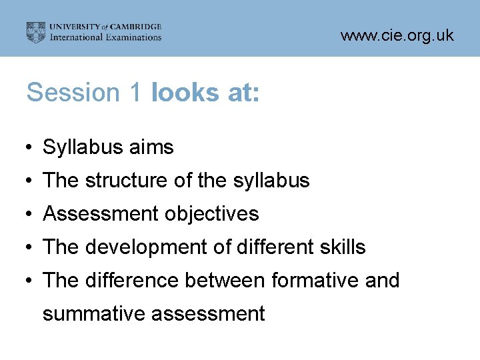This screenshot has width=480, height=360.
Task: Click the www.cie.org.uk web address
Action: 397,35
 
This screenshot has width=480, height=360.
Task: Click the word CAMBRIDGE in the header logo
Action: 137,27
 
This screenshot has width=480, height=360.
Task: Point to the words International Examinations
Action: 107,37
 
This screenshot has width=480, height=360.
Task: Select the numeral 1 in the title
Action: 133,93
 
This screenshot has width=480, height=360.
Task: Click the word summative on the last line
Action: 94,313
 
